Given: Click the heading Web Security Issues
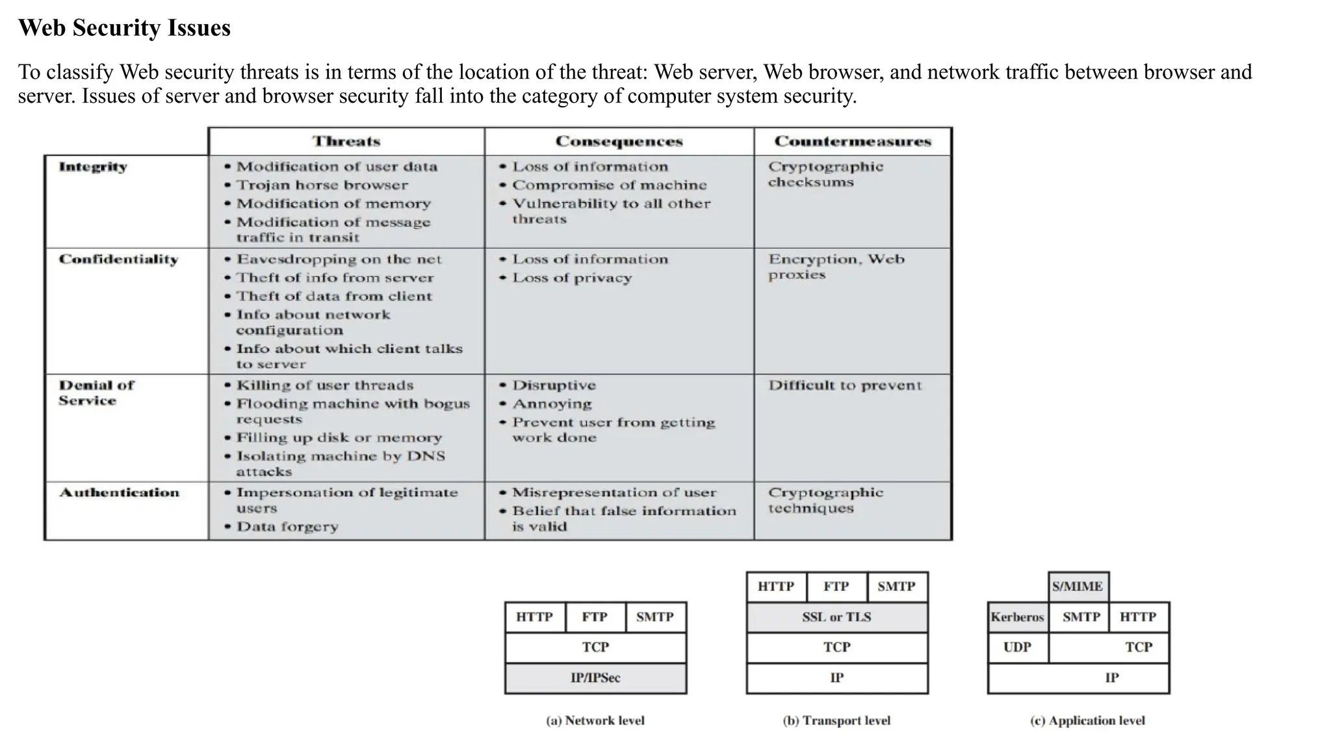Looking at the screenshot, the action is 124,28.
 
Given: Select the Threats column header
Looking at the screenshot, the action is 346,141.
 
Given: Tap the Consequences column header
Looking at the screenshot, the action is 619,141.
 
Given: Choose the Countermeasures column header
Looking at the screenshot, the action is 853,141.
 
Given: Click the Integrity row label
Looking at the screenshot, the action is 93,166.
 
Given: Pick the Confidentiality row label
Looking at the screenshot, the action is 118,259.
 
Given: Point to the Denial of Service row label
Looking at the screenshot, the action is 96,393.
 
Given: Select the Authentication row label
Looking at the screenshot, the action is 119,492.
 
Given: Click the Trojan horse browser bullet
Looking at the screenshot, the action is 322,185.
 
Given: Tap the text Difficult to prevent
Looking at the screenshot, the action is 845,385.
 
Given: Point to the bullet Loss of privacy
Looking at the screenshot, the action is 572,278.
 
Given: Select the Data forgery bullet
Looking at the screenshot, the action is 287,527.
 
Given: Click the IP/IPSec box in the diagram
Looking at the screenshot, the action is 595,677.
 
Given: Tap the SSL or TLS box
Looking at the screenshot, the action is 836,617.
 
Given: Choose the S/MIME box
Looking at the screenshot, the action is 1078,586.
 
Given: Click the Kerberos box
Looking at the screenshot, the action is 1017,617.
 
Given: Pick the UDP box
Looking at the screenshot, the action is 1017,647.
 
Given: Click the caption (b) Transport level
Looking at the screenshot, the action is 836,720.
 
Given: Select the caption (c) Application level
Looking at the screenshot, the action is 1087,720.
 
